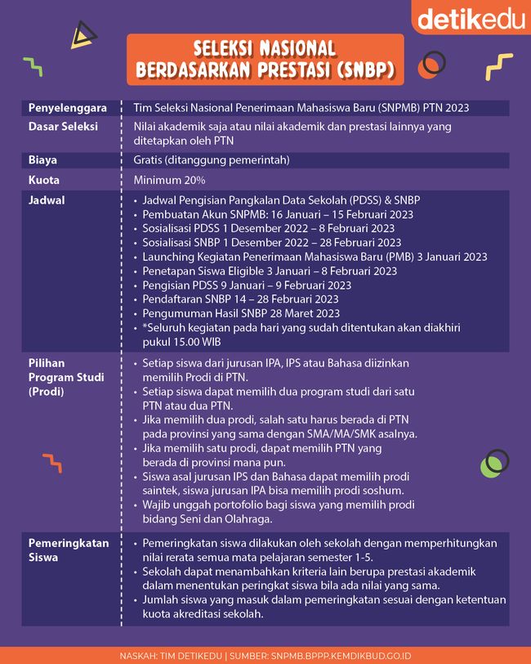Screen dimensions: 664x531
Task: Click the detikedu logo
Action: click(471, 18)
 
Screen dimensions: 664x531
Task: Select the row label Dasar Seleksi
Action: click(63, 128)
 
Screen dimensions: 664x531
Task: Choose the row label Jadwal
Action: click(47, 200)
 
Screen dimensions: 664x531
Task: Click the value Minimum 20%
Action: click(170, 180)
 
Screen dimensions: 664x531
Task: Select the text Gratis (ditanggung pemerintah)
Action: click(212, 160)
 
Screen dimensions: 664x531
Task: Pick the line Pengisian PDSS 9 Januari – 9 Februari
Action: click(247, 285)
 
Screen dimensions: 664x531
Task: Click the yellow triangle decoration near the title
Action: click(83, 34)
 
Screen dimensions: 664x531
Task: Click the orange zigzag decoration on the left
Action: click(52, 463)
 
